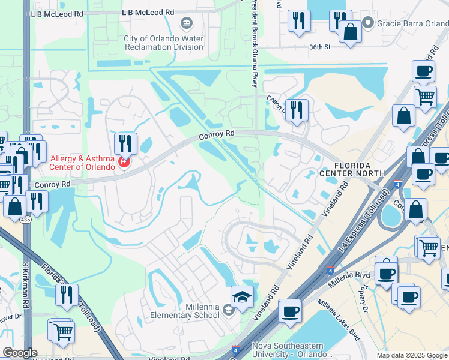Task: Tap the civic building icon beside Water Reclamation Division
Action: [187, 23]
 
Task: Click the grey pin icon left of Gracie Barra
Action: [368, 23]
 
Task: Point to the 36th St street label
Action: [320, 46]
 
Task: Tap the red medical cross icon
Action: [124, 162]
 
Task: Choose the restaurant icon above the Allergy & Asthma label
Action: [125, 143]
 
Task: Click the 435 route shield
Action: [25, 220]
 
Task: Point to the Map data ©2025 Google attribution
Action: [412, 355]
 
